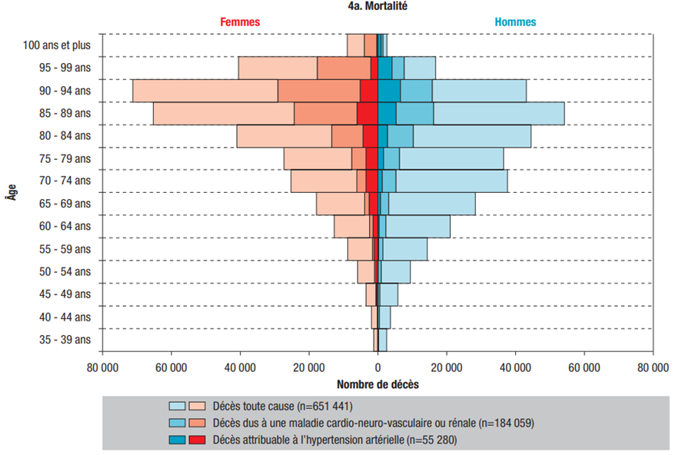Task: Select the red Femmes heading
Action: pyautogui.click(x=240, y=22)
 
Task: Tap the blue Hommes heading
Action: pyautogui.click(x=515, y=22)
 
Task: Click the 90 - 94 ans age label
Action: pyautogui.click(x=65, y=91)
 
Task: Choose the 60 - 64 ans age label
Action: pyautogui.click(x=65, y=227)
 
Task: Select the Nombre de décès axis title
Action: pyautogui.click(x=377, y=383)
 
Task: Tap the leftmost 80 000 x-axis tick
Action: pyautogui.click(x=102, y=367)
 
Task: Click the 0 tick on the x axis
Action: pyautogui.click(x=377, y=367)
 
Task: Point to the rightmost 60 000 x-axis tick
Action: pyautogui.click(x=584, y=367)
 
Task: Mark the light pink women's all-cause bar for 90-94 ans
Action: pyautogui.click(x=204, y=91)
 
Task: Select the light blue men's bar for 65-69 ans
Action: pyautogui.click(x=431, y=204)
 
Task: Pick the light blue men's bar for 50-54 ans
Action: pyautogui.click(x=396, y=272)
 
